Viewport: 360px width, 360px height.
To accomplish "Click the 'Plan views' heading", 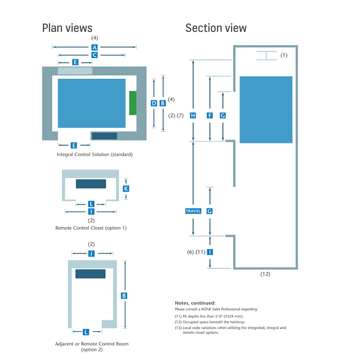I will pyautogui.click(x=67, y=28).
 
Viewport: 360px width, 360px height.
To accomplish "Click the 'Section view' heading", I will pyautogui.click(x=216, y=28).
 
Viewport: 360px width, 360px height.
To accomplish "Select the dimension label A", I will pyautogui.click(x=95, y=47).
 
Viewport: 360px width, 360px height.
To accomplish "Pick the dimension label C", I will pyautogui.click(x=95, y=55).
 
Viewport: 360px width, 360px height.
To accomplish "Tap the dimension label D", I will pyautogui.click(x=154, y=103).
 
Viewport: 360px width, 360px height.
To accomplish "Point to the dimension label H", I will pyautogui.click(x=193, y=116).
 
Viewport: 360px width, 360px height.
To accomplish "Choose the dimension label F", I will pyautogui.click(x=210, y=116).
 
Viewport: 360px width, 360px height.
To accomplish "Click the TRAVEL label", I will pyautogui.click(x=193, y=211).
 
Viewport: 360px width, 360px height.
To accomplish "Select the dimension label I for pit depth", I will pyautogui.click(x=210, y=252).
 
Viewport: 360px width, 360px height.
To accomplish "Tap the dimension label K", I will pyautogui.click(x=126, y=189).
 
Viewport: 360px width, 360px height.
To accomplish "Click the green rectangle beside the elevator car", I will pyautogui.click(x=133, y=102).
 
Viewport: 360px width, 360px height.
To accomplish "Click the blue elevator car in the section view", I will pyautogui.click(x=266, y=109).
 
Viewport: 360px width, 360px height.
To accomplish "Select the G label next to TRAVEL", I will pyautogui.click(x=210, y=211).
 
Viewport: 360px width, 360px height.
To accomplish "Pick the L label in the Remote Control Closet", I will pyautogui.click(x=91, y=204).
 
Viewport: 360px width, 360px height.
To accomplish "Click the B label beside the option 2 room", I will pyautogui.click(x=124, y=296).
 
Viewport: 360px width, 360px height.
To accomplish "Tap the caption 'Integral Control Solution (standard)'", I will pyautogui.click(x=95, y=155).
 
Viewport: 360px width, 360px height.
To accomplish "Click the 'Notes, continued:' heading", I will pyautogui.click(x=195, y=303).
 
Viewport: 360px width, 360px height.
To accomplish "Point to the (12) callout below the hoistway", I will pyautogui.click(x=265, y=274).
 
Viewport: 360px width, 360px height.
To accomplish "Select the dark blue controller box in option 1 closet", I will pyautogui.click(x=91, y=184).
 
